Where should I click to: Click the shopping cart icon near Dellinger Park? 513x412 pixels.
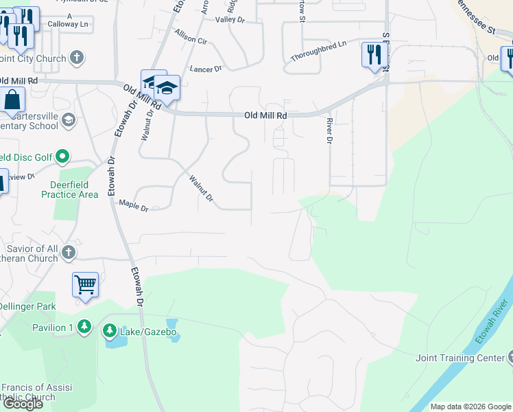click(85, 284)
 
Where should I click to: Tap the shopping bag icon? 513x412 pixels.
click(12, 100)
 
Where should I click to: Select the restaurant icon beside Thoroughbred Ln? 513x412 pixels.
click(374, 55)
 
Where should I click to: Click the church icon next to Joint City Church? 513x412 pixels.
click(77, 58)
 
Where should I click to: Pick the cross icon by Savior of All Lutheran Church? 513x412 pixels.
click(68, 253)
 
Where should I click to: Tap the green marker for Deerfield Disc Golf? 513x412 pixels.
click(62, 157)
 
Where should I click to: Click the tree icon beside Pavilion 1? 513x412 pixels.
click(84, 327)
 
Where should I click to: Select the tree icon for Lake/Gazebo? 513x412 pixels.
click(110, 332)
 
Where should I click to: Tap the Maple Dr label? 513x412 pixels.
click(134, 205)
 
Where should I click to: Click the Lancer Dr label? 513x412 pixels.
click(206, 69)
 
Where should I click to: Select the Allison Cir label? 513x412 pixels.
click(191, 36)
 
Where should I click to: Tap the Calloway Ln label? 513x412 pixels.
click(69, 23)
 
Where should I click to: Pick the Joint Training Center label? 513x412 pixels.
click(460, 358)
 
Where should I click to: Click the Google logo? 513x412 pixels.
click(23, 404)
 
